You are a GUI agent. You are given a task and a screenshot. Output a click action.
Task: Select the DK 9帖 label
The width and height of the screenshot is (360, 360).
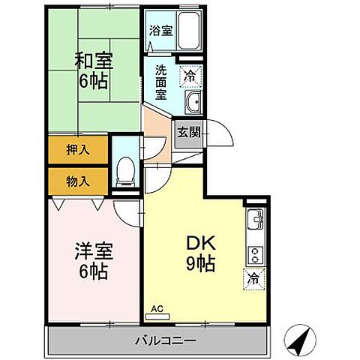pos(202,252)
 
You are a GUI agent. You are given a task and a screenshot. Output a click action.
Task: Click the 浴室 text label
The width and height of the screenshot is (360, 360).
pos(160,31)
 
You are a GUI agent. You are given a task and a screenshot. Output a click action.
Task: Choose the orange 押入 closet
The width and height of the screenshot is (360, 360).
pos(78,150)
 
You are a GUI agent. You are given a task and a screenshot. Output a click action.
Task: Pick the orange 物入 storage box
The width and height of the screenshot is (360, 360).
pos(78,180)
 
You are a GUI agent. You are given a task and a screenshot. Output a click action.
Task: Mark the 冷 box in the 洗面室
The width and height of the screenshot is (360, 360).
pos(191,75)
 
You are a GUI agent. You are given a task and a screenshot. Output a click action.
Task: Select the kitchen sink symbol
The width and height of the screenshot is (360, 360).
pos(256,220)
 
